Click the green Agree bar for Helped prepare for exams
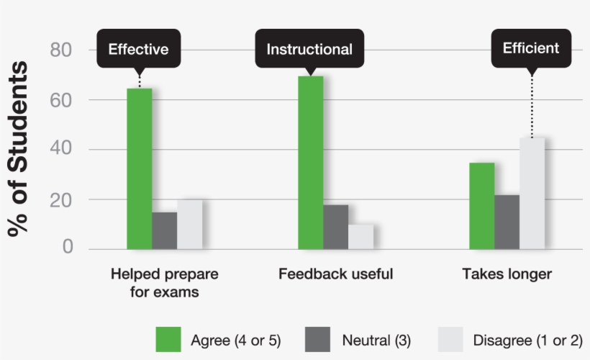140,168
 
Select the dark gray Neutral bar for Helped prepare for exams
165,230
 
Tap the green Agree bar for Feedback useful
311,163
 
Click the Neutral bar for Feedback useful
336,227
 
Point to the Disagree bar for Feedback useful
360,237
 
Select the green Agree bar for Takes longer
482,206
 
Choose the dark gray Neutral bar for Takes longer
507,222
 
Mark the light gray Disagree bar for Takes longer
532,193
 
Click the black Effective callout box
138,50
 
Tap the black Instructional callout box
309,50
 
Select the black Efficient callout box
531,48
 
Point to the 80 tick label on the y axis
62,50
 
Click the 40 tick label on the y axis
62,150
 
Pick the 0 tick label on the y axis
68,248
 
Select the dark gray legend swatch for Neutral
317,339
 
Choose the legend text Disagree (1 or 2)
527,340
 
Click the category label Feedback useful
336,274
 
